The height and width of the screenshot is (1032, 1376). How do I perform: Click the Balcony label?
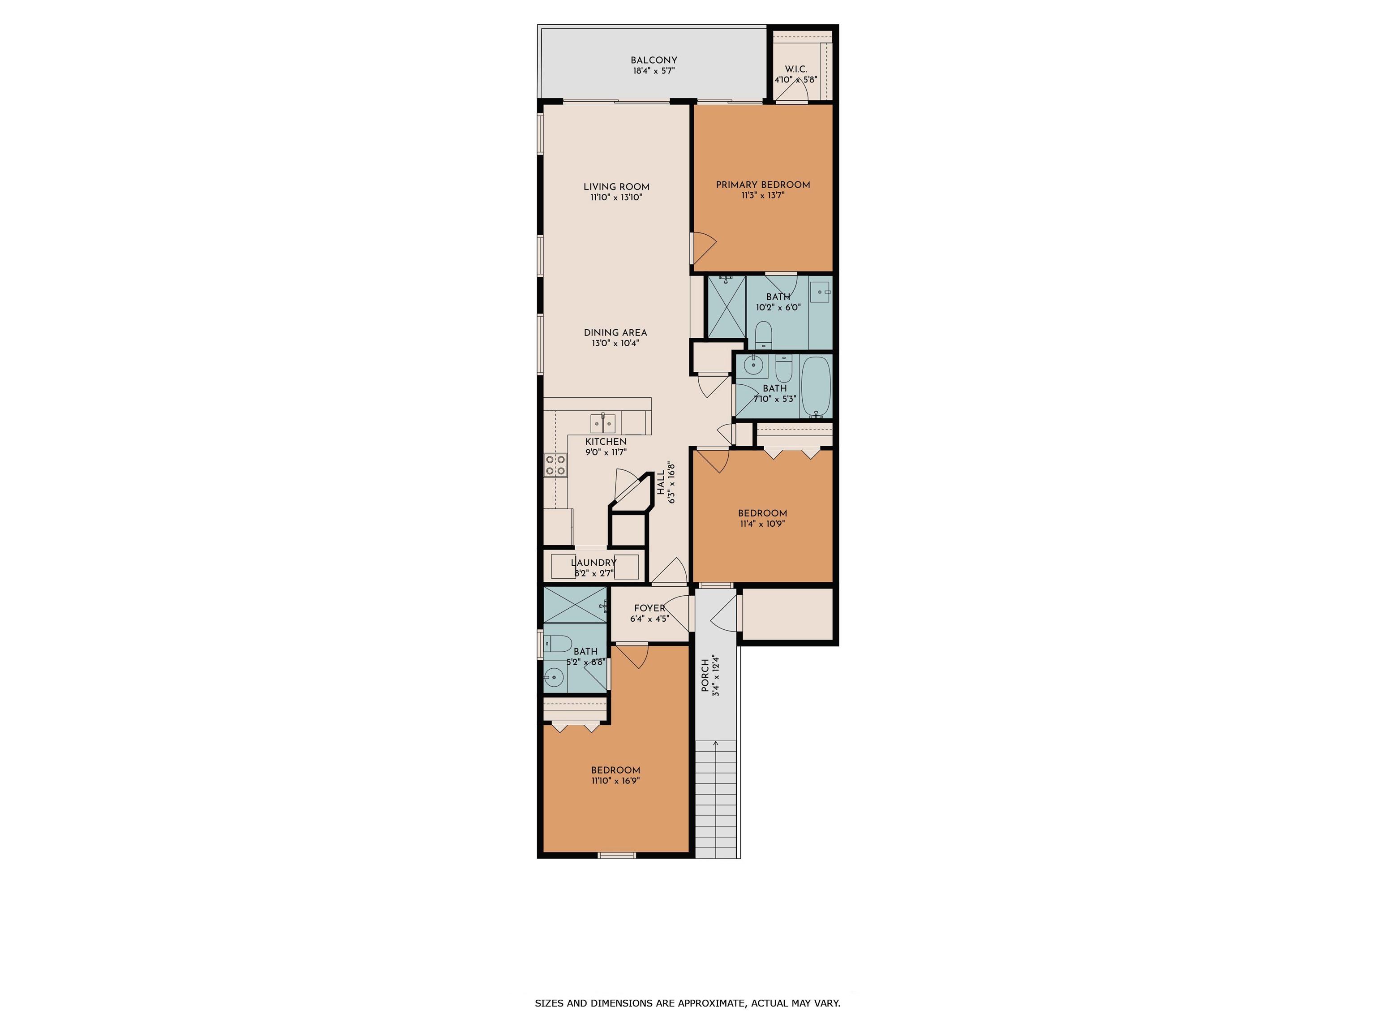pos(654,60)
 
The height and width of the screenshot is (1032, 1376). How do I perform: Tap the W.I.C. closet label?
pos(795,69)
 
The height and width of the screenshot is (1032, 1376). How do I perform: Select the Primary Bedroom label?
pos(763,185)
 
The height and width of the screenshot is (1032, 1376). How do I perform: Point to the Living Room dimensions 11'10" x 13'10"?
pos(616,197)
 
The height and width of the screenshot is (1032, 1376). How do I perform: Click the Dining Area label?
pos(615,333)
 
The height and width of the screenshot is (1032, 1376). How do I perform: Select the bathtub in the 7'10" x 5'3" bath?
pos(816,386)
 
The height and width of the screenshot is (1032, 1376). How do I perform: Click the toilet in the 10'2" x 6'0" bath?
pos(763,335)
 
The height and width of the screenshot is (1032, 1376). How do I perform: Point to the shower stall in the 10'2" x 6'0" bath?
pos(727,307)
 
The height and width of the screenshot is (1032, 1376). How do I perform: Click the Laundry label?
pos(593,563)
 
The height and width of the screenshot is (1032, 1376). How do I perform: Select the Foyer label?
pos(649,608)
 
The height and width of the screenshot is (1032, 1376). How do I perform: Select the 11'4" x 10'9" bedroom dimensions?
pos(763,524)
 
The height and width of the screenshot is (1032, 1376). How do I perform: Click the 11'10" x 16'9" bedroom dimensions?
pos(616,781)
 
